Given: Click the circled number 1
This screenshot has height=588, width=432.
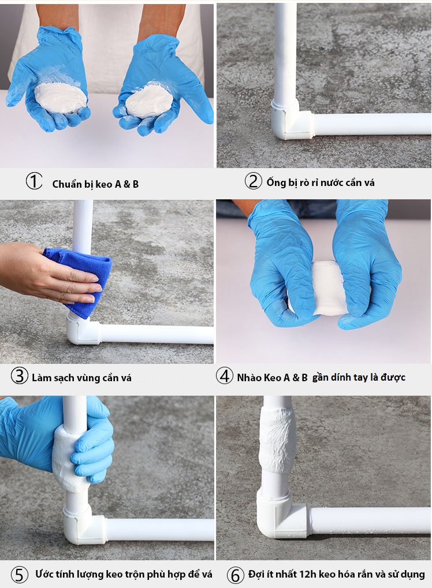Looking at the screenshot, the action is point(33,181).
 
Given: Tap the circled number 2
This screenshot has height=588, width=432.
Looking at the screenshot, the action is point(253,181).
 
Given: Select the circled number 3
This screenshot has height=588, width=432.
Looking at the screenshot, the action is point(19,376).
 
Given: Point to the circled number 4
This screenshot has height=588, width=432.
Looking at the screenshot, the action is point(224,376).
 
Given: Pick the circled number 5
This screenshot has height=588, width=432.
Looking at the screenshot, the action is point(20,575).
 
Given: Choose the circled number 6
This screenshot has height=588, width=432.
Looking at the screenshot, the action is point(236,575).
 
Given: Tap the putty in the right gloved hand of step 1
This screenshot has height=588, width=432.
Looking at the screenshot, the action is point(148,101).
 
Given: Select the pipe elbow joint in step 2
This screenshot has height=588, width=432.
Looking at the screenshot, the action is point(291,120).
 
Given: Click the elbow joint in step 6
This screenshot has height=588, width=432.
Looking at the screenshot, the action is point(281,513).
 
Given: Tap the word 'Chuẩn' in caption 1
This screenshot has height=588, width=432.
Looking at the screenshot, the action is point(67,184).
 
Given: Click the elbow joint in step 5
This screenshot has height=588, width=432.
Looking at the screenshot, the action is point(84,524).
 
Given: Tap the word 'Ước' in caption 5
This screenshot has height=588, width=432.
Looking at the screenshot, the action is point(45,574).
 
